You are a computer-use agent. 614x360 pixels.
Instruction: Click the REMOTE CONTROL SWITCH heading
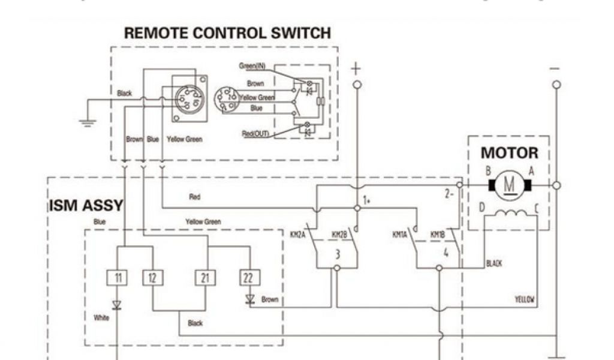pos(227,34)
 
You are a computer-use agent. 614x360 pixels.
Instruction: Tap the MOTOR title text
pos(509,153)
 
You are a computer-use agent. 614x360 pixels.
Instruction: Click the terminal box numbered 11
pos(118,278)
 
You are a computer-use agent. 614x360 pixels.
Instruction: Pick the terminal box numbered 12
pos(152,278)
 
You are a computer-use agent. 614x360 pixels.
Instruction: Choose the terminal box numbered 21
pos(205,278)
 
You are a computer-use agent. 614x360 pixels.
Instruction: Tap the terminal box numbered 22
pos(249,278)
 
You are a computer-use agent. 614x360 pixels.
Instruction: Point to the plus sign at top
pos(356,68)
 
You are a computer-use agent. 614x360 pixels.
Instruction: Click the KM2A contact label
pos(298,235)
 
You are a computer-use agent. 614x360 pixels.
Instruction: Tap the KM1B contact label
pos(437,235)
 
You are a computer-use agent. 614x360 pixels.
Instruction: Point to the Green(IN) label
pos(252,66)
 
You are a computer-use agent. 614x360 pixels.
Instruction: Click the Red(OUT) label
pos(255,133)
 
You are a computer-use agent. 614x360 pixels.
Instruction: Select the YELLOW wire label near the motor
pos(525,299)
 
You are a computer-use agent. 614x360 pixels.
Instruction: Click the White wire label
pos(101,317)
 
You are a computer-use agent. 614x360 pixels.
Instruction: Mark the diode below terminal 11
pos(118,305)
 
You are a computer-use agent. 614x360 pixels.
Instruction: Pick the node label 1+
pos(367,200)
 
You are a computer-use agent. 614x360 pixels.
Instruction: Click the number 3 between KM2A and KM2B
pos(337,254)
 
